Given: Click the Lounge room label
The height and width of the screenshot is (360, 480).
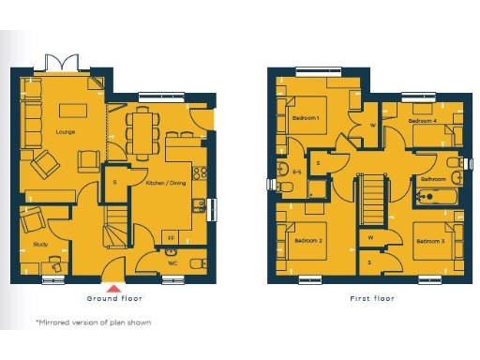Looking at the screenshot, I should coord(66,133).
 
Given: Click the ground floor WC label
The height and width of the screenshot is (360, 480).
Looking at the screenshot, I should coord(172,263).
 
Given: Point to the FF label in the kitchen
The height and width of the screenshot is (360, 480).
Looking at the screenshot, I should coord(170,238).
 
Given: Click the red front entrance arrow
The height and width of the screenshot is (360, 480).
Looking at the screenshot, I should coord(114,288).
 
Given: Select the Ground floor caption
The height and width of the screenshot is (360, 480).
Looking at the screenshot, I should coord(114,298).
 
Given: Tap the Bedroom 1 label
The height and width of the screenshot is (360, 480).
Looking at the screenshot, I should coord(306,118).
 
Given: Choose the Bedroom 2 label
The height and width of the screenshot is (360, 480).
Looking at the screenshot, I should coord(308,241).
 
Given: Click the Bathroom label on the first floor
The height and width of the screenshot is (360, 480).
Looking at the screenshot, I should coord(432,178).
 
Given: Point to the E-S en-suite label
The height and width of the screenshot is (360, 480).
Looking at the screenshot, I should coord(296,172).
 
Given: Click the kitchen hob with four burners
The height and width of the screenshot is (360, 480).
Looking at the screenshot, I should coord(199,172).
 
